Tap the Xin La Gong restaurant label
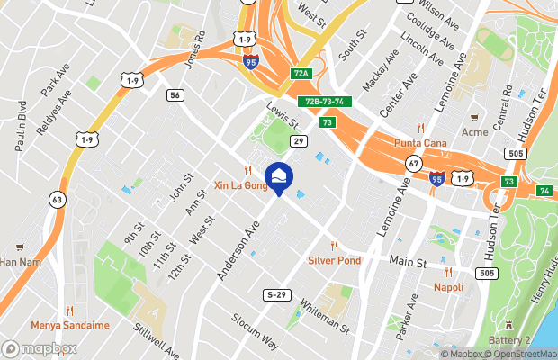pos(240,184)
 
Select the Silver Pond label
pos(334,260)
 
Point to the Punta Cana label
pos(420,142)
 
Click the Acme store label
pos(474,131)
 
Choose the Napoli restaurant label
pos(448,287)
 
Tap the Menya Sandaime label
pos(70,325)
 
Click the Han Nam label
pos(20,262)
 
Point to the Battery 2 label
pos(508,339)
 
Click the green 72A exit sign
pos(301,73)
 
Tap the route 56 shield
pos(175,94)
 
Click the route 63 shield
pos(58,199)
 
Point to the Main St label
pos(407,262)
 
